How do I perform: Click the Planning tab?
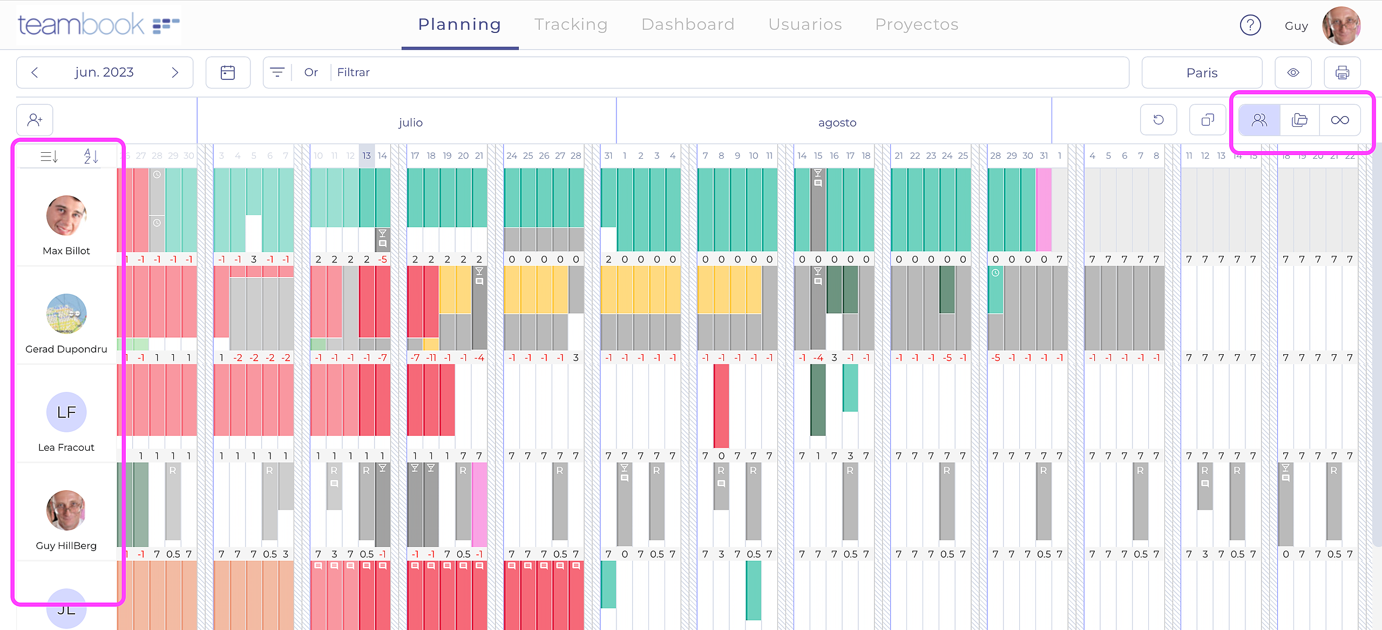click(459, 24)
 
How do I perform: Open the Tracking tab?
click(571, 24)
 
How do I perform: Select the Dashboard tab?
click(688, 24)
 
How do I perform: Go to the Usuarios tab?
click(805, 24)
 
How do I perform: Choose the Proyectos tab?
click(917, 24)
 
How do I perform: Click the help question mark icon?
click(1250, 25)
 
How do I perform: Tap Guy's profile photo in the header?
click(1341, 25)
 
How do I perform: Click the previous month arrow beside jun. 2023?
click(35, 72)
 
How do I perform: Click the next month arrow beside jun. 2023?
click(174, 72)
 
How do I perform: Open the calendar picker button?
click(228, 72)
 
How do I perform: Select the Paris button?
click(1202, 73)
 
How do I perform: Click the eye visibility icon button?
click(1293, 72)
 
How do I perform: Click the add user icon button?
click(35, 120)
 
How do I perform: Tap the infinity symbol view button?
click(1340, 120)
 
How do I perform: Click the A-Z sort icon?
click(91, 157)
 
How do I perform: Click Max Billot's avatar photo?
click(66, 215)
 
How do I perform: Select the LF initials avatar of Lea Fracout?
click(66, 412)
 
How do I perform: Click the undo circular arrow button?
click(1159, 120)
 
